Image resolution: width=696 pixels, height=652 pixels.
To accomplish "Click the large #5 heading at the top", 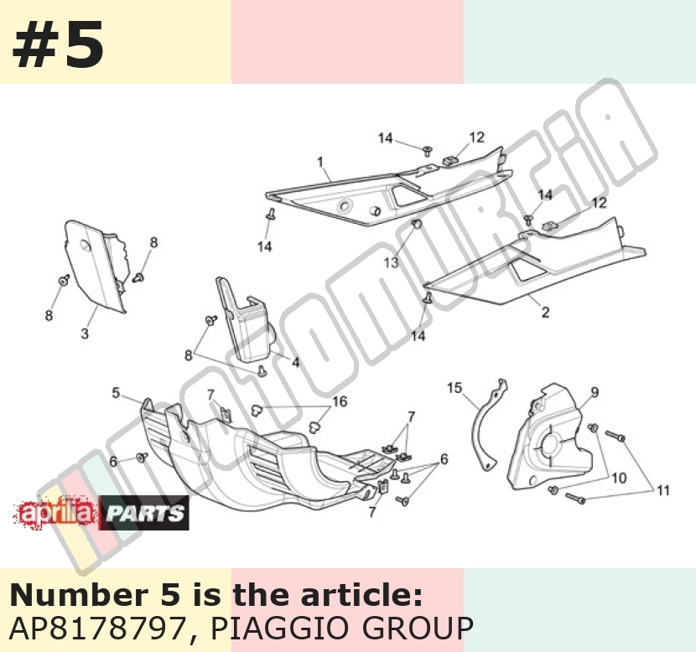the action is pyautogui.click(x=58, y=45).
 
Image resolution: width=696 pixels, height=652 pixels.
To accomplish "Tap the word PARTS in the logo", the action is pyautogui.click(x=145, y=513).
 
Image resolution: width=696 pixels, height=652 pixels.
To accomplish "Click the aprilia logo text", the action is pyautogui.click(x=56, y=513).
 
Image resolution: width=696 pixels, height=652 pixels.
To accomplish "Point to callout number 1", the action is pyautogui.click(x=320, y=163).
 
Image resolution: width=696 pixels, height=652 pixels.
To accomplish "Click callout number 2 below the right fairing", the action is pyautogui.click(x=546, y=313).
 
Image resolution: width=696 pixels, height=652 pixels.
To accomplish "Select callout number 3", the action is pyautogui.click(x=85, y=333).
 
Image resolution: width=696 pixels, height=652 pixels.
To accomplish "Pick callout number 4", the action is pyautogui.click(x=296, y=362).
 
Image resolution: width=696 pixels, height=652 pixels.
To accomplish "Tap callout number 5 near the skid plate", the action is pyautogui.click(x=116, y=393).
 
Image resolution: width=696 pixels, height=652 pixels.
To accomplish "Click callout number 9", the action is pyautogui.click(x=595, y=392).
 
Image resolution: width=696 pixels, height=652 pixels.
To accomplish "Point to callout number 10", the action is pyautogui.click(x=619, y=479).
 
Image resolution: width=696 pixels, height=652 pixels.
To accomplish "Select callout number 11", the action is pyautogui.click(x=662, y=490).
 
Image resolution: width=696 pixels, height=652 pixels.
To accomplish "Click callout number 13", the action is pyautogui.click(x=391, y=262).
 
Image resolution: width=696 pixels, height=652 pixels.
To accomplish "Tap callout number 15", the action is pyautogui.click(x=454, y=388).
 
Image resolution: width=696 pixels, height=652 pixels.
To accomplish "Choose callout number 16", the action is pyautogui.click(x=340, y=401).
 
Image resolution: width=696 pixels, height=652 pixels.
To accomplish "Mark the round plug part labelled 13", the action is pyautogui.click(x=417, y=224).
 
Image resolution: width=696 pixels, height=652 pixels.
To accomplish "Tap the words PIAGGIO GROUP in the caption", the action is pyautogui.click(x=341, y=628).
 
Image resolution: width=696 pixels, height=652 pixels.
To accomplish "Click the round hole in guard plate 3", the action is pyautogui.click(x=86, y=246).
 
